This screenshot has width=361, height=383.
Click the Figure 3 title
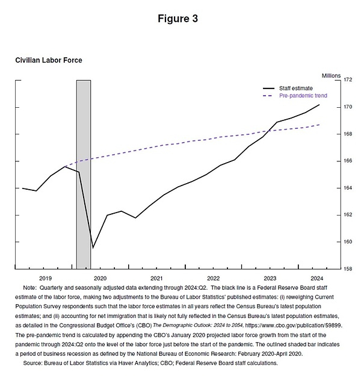pos(177,19)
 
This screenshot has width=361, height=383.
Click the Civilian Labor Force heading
pos(48,60)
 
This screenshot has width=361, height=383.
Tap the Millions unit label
pos(331,75)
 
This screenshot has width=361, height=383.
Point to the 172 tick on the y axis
pos(348,80)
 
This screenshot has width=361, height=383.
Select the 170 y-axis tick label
pos(348,107)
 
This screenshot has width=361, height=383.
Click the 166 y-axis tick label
pos(348,161)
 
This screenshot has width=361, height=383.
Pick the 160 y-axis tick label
pos(348,241)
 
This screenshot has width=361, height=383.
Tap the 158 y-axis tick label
pos(348,269)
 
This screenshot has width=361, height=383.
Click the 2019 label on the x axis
pos(46,278)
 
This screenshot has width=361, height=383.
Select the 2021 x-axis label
pos(156,278)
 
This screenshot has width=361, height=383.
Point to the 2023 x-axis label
pos(270,278)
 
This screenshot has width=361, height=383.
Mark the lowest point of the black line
pos(93,248)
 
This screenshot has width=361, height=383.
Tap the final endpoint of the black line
pos(319,105)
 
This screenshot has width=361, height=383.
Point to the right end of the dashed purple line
pos(319,125)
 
